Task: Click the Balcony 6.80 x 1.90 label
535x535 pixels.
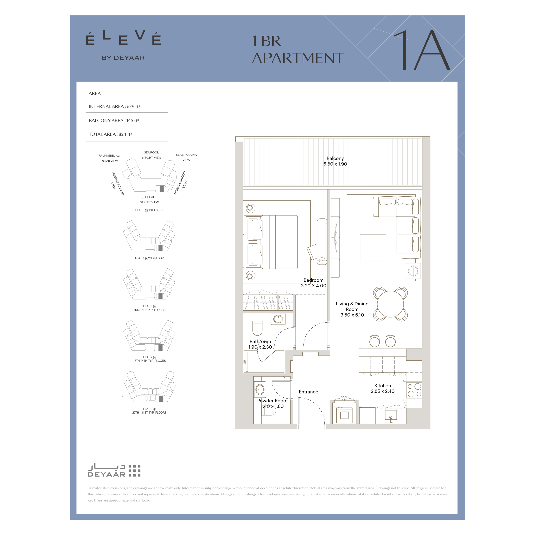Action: (x=335, y=161)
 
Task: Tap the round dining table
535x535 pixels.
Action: (x=390, y=304)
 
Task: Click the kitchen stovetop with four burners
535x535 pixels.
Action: (x=414, y=390)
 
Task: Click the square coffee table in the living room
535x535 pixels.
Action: (x=373, y=248)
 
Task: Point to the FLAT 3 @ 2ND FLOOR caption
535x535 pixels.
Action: (x=149, y=258)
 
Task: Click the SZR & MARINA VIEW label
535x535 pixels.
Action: (x=186, y=157)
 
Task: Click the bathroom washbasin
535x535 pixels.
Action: (x=278, y=319)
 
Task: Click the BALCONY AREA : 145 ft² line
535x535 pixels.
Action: (x=114, y=120)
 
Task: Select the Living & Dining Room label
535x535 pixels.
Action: (x=352, y=309)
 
